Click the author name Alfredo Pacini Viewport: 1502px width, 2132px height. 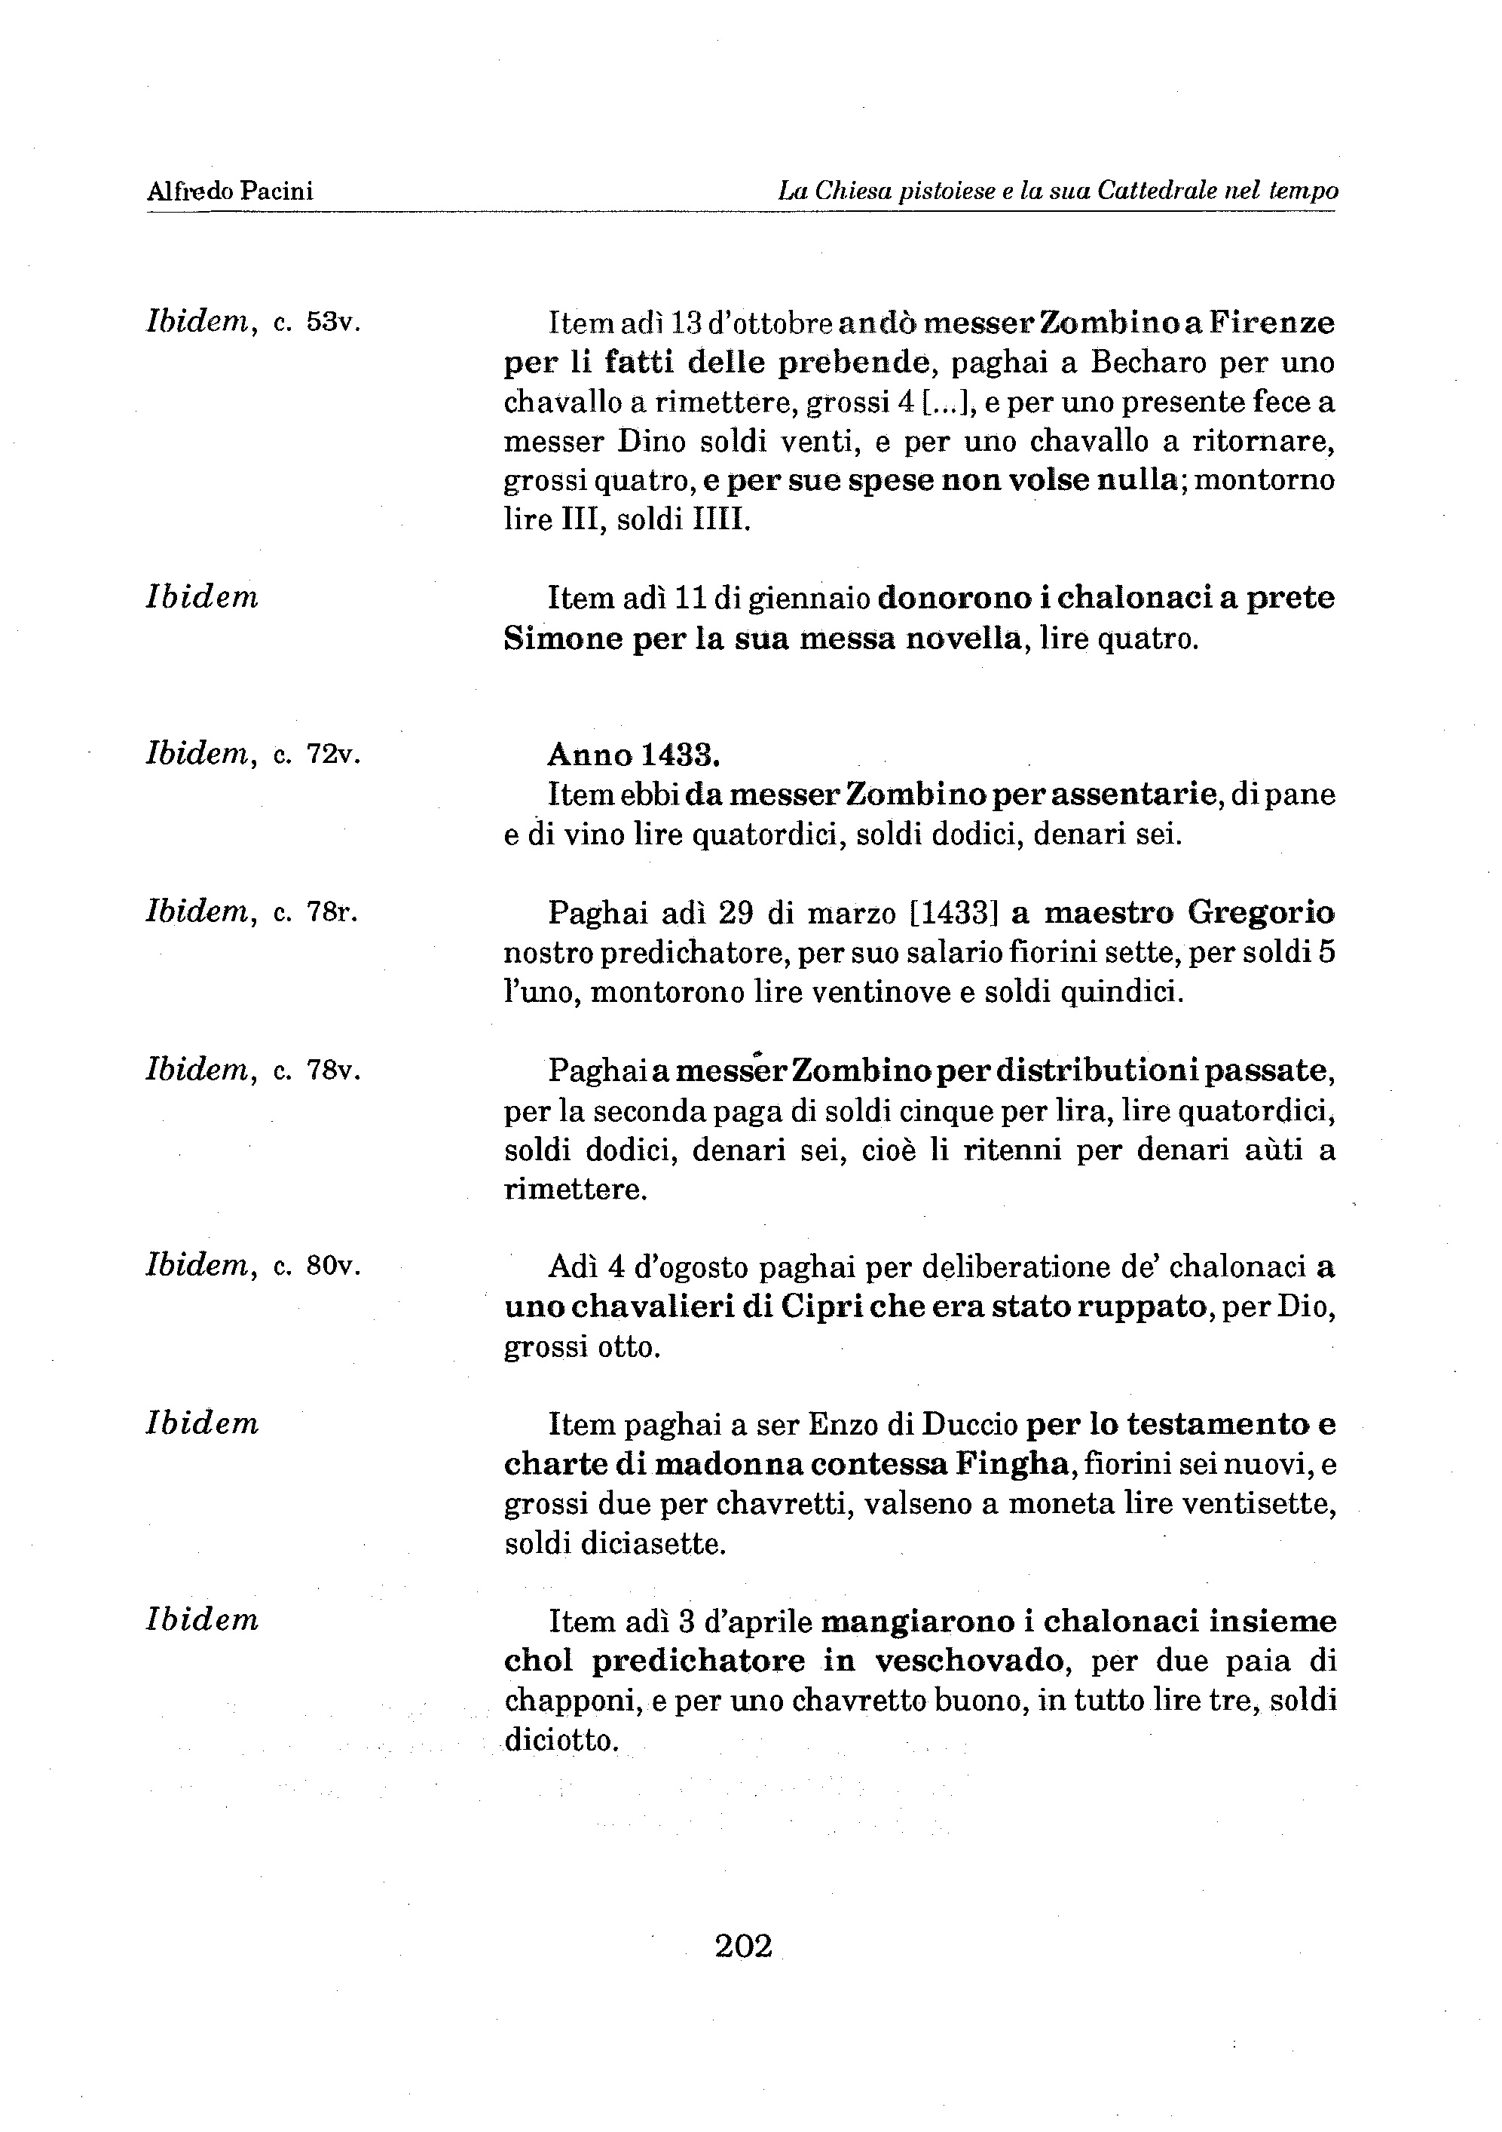[x=230, y=191]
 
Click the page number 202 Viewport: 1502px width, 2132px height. [x=744, y=1944]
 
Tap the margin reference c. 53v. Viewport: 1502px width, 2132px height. [x=317, y=324]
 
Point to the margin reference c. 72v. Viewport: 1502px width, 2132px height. [x=317, y=755]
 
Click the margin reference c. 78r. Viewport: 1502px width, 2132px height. [x=317, y=914]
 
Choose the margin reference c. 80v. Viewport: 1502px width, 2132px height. [x=317, y=1267]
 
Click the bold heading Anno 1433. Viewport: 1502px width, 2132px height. [x=634, y=755]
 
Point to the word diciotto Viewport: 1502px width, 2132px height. [x=561, y=1740]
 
